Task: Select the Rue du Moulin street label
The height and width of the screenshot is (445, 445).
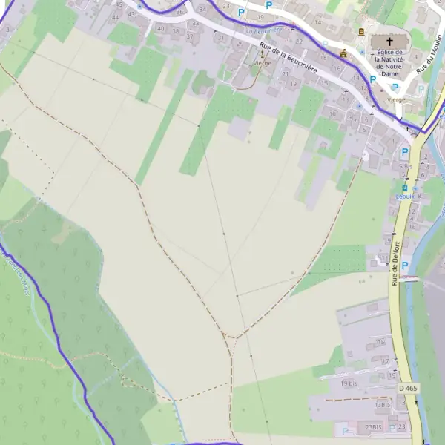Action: point(424,59)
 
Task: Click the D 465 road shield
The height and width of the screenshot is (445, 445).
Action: point(407,388)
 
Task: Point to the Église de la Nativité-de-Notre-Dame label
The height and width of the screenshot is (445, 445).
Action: point(389,62)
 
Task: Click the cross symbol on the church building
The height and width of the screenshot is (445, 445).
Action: point(389,42)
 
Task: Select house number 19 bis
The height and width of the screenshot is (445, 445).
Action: point(349,383)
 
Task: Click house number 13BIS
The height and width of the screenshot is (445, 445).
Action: point(383,405)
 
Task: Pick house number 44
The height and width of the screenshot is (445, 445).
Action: point(115,16)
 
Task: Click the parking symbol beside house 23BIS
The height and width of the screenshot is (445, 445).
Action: point(346,429)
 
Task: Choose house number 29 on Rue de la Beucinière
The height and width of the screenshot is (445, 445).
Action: point(240,44)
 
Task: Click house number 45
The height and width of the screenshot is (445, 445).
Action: point(120,4)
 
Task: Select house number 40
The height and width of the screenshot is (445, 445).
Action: point(162,28)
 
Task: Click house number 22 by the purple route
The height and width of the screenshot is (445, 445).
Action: point(300,42)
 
